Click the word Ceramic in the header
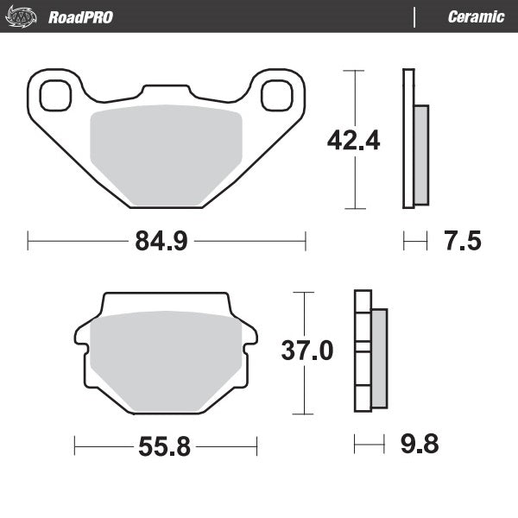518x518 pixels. pos(476,17)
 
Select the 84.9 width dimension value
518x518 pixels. pos(161,241)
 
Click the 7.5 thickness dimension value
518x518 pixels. pos(462,241)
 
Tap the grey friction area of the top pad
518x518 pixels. pos(167,155)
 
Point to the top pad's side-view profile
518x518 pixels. pos(414,138)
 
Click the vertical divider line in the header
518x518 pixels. pos(415,17)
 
